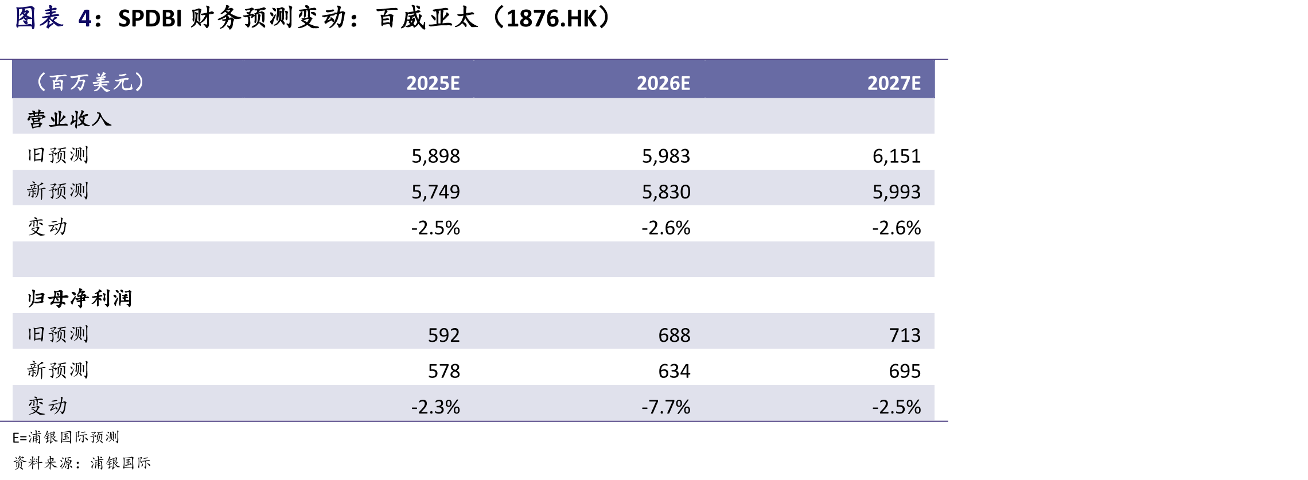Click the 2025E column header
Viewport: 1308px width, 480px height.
[433, 83]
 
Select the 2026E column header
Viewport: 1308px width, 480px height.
[663, 83]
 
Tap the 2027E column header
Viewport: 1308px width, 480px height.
[894, 83]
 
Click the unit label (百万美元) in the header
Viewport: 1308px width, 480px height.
[90, 83]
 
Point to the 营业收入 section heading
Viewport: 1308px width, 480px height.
[69, 119]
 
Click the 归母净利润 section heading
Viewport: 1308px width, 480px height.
[80, 298]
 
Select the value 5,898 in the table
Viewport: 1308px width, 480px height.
[435, 156]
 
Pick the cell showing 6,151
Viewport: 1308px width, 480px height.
[897, 156]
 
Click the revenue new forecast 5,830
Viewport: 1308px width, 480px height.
[666, 192]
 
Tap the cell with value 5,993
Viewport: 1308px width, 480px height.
[897, 192]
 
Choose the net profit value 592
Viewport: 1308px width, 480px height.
[444, 335]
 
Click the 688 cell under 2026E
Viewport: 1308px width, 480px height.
[674, 335]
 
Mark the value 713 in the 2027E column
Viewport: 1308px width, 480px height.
[905, 335]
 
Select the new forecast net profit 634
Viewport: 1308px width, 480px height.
[674, 371]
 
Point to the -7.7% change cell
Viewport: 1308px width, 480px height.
[666, 407]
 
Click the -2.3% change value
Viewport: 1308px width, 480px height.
[435, 407]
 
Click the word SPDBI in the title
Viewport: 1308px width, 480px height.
[150, 18]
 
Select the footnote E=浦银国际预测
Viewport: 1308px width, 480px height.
[66, 437]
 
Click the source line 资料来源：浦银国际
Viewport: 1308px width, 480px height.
[82, 463]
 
